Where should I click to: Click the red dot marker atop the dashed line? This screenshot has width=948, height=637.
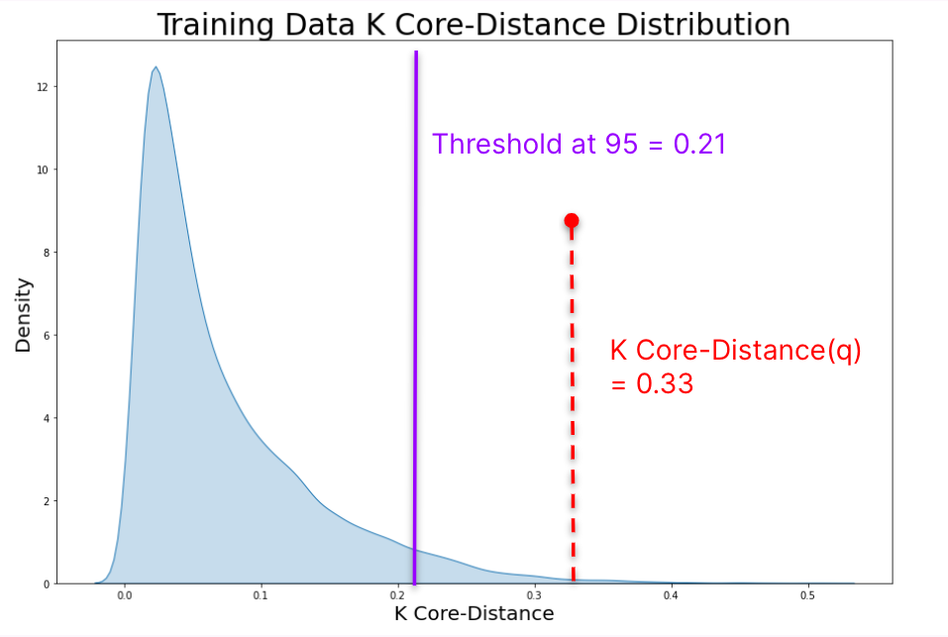click(x=572, y=220)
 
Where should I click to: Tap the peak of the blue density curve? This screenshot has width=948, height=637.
click(x=156, y=68)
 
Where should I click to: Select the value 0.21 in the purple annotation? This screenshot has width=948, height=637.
click(x=700, y=145)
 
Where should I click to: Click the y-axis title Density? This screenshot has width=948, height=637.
click(x=23, y=315)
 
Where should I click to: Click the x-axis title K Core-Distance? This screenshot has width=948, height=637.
click(x=474, y=614)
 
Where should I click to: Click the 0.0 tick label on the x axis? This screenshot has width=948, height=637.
click(x=125, y=597)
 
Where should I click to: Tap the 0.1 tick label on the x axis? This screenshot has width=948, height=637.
click(x=262, y=597)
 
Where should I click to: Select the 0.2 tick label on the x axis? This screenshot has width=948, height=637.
click(x=398, y=597)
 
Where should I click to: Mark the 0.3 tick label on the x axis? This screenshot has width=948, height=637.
click(x=535, y=597)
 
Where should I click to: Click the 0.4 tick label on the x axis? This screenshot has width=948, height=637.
click(x=672, y=597)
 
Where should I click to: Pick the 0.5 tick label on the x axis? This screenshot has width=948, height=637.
click(x=807, y=597)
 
